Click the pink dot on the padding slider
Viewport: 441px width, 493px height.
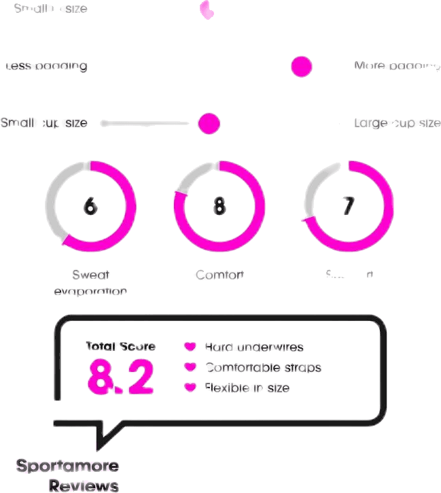tap(301, 67)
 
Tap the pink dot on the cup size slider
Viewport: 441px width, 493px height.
tap(209, 124)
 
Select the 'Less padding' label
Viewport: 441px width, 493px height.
tap(46, 67)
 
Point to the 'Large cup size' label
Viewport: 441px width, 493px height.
tap(397, 123)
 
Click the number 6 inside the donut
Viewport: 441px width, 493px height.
tap(90, 205)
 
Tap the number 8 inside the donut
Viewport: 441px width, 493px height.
tap(219, 205)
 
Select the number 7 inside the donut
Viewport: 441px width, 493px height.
tap(348, 205)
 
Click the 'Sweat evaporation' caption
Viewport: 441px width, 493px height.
tap(90, 283)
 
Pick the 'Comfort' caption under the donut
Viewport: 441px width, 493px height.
tap(219, 275)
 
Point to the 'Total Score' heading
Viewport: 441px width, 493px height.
tap(120, 346)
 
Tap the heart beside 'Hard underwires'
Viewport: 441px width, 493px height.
tap(190, 347)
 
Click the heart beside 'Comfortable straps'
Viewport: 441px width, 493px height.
tap(190, 367)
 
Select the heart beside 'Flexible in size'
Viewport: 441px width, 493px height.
tap(190, 388)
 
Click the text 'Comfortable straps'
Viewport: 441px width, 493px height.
tap(263, 368)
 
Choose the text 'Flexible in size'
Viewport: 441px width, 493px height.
tap(247, 388)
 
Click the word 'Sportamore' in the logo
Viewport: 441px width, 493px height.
tap(67, 466)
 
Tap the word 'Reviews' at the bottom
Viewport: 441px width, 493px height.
tap(84, 484)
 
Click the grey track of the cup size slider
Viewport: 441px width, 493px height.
tap(146, 124)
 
